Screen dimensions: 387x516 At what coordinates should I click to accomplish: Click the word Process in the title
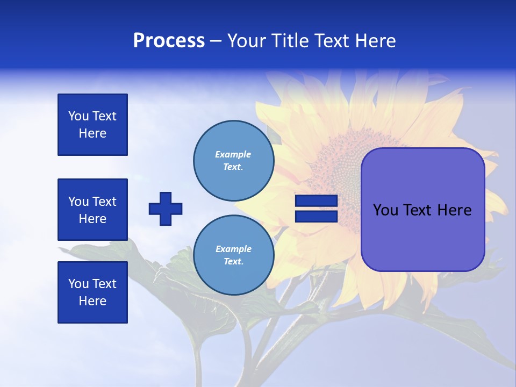coord(169,41)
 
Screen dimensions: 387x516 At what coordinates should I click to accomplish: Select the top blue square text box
coord(92,125)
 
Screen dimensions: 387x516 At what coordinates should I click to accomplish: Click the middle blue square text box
coord(92,210)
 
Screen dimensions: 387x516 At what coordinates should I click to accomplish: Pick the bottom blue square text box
coord(92,292)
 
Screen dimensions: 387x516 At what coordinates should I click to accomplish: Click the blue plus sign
coord(166,209)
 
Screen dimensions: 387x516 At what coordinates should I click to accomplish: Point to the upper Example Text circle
coord(234,160)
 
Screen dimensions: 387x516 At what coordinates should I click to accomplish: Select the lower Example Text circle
coord(234,255)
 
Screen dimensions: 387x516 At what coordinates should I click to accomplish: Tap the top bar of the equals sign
coord(316,201)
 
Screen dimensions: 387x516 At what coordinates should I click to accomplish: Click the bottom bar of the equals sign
coord(316,216)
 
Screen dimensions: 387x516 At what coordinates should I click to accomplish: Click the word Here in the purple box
coord(454,210)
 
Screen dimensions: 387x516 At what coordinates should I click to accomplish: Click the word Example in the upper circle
coord(233,154)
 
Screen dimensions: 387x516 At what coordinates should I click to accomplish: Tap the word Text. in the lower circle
coord(233,262)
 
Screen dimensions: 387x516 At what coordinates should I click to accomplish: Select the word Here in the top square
coord(92,133)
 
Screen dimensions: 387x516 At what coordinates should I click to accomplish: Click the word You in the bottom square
coord(78,284)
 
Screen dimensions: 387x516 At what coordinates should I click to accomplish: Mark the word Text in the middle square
coord(104,202)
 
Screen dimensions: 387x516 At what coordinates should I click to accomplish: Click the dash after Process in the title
coord(216,41)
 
